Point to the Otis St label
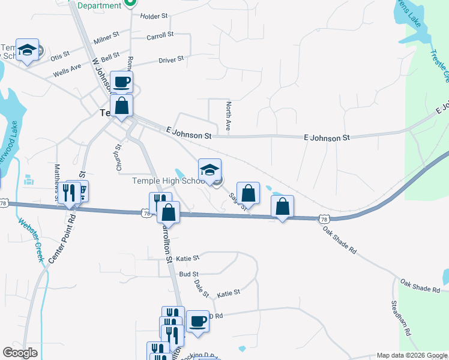point(60,56)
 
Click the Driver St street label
point(171,60)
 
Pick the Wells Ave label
point(67,71)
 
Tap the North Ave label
point(228,117)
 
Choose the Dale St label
point(201,289)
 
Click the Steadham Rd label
point(402,318)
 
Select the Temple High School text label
point(169,181)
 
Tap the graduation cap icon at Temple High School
point(210,169)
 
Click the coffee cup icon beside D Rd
point(197,321)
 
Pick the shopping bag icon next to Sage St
point(249,193)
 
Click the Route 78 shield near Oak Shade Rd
point(324,220)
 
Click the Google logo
point(20,353)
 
